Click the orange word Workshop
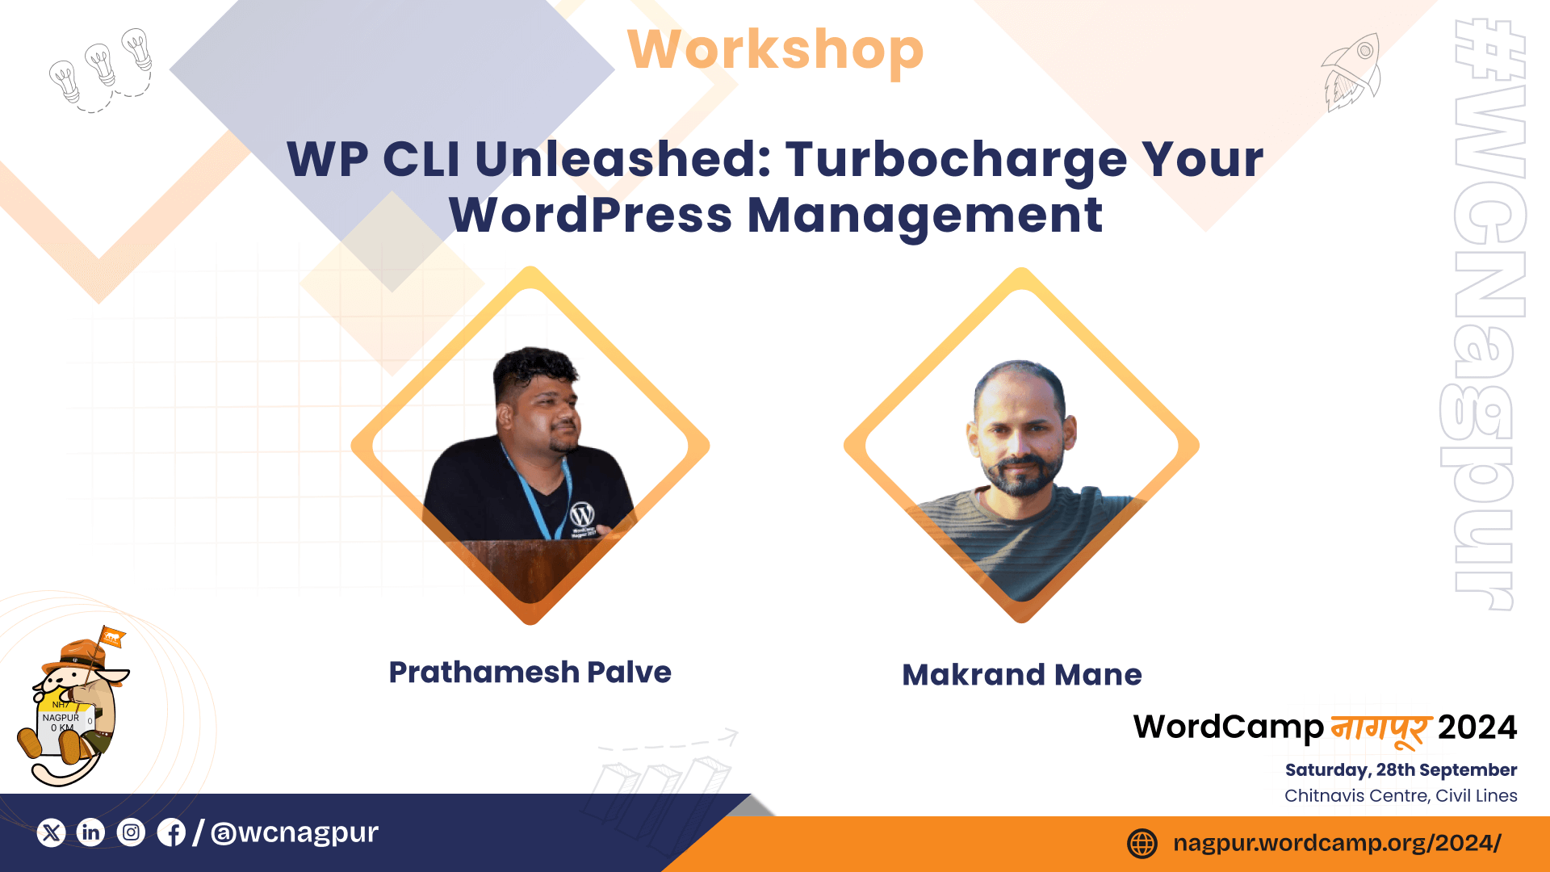(775, 50)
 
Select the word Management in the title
(925, 216)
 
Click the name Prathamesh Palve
(530, 672)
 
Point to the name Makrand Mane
(1022, 674)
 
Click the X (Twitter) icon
(52, 832)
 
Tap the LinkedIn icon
(91, 832)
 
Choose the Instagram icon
(131, 832)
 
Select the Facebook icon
(171, 832)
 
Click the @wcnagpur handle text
(295, 832)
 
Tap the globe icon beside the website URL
(1142, 844)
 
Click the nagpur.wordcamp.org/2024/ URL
(1337, 843)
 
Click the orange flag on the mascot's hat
(112, 638)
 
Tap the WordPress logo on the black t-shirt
(582, 514)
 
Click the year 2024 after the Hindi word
(1477, 727)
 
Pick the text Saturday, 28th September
(1401, 770)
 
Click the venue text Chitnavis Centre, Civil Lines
(1401, 795)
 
